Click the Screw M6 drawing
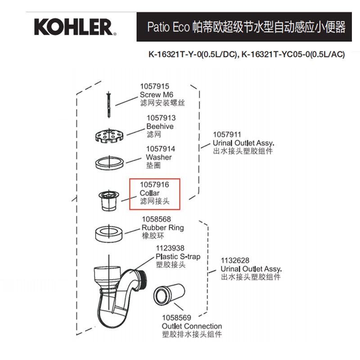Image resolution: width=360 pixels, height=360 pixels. [109, 104]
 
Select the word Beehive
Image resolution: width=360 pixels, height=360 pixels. [160, 126]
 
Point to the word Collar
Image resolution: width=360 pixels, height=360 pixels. [149, 193]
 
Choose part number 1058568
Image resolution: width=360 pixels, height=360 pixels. [156, 219]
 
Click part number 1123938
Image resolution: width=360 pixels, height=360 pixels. [170, 248]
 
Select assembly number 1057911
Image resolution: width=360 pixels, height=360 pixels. [227, 134]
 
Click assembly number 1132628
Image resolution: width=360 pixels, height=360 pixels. [234, 260]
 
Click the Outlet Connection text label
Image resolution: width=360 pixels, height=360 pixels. [192, 326]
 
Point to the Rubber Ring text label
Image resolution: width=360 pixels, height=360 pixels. [163, 228]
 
